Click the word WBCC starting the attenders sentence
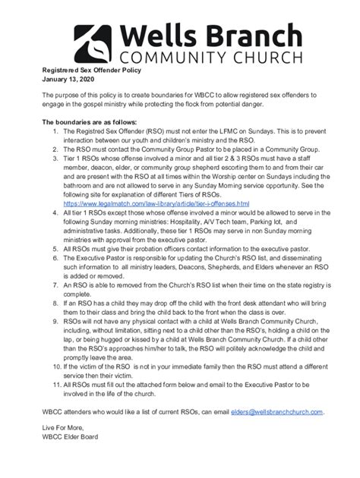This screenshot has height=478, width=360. coord(53,412)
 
